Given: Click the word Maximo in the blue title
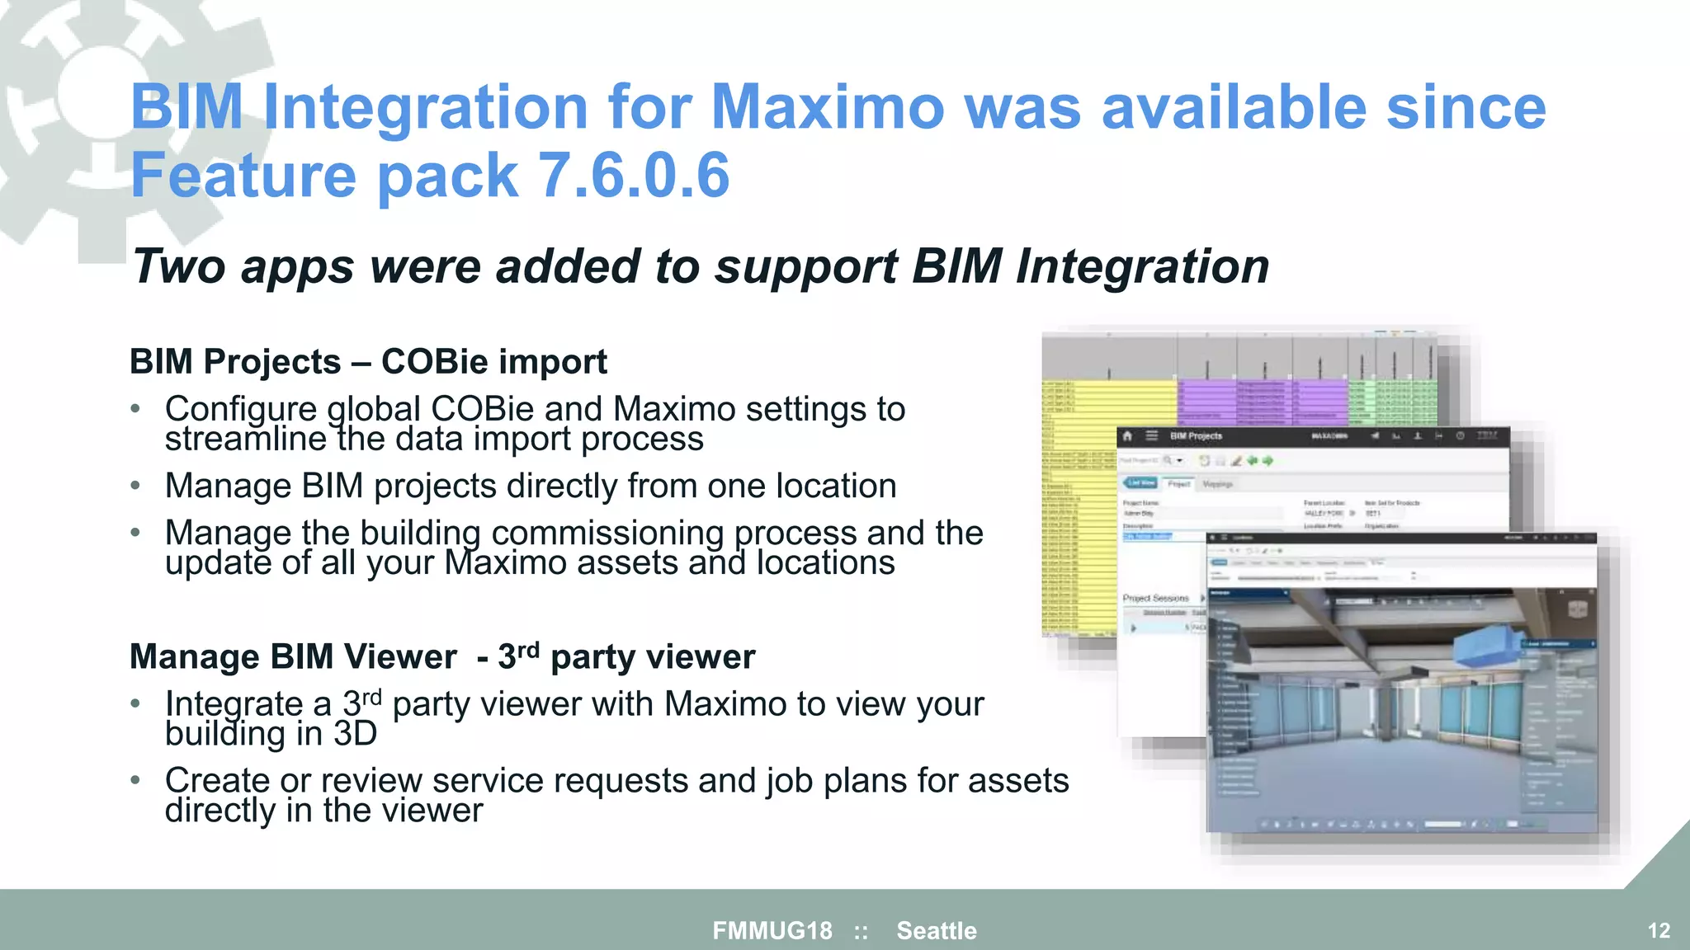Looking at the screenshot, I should (x=827, y=107).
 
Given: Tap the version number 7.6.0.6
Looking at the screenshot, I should (x=633, y=176).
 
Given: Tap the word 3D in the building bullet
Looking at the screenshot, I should (x=355, y=733).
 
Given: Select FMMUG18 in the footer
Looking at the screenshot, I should (x=772, y=931).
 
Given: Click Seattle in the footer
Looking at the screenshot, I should (x=937, y=931).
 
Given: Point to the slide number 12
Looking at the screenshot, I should (x=1659, y=931).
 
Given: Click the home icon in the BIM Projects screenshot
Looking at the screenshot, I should (x=1128, y=436).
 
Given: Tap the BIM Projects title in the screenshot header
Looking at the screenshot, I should (x=1196, y=436).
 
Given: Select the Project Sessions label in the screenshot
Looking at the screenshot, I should (x=1155, y=598).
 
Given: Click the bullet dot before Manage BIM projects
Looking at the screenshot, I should (x=135, y=486).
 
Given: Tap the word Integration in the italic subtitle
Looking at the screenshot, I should (x=1142, y=266).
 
